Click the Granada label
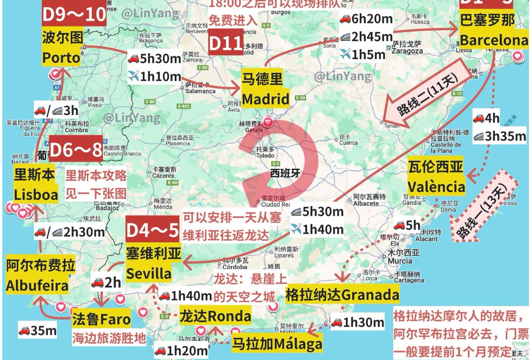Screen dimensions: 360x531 coord(342,294)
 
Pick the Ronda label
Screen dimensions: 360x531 coord(215,316)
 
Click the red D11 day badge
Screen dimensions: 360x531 coord(225,43)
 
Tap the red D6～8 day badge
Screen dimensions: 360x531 coord(76,151)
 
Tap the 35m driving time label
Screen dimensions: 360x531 coord(38,331)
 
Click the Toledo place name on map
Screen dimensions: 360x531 coord(265,156)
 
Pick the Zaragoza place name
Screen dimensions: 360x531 coord(407,51)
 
